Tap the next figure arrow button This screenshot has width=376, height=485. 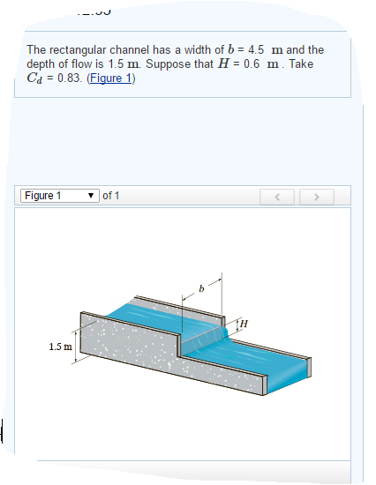point(314,196)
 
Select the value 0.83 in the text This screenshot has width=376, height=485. point(65,78)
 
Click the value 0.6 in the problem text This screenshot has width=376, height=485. point(247,64)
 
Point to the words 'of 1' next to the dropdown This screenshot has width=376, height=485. point(111,195)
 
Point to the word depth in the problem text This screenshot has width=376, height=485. point(41,64)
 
